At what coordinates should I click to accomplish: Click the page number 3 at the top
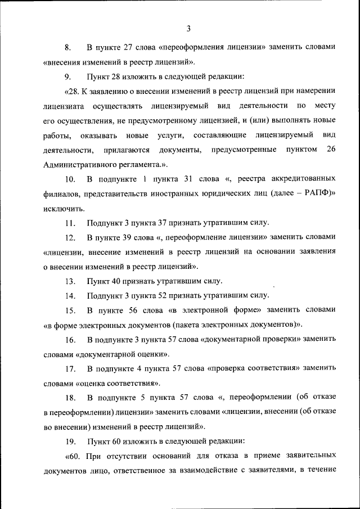coord(189,28)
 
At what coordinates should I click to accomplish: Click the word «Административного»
coord(79,164)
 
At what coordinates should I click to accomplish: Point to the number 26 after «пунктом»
coord(331,149)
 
